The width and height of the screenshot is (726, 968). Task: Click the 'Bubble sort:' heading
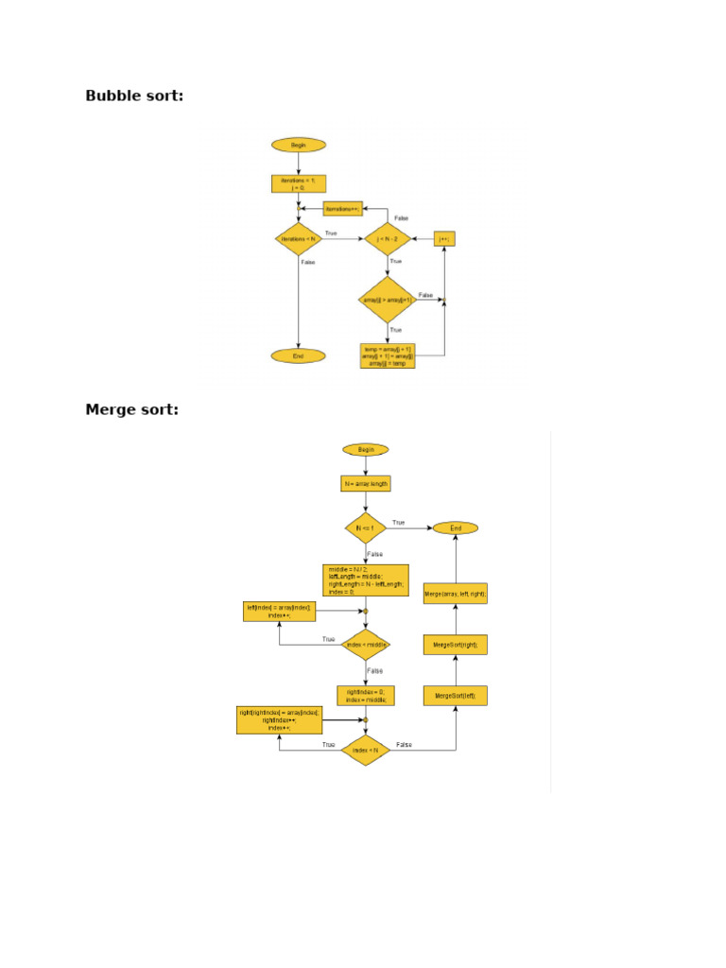pos(134,95)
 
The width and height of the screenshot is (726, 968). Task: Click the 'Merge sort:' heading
pos(131,409)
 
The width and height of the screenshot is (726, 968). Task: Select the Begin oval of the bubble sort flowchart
pos(299,145)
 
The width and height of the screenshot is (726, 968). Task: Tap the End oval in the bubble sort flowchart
pos(299,356)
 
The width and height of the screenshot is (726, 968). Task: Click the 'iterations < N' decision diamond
pos(299,239)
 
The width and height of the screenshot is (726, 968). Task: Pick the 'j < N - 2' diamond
pos(388,239)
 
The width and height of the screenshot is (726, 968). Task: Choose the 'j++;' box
pos(444,239)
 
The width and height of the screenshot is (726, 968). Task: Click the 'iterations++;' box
pos(343,208)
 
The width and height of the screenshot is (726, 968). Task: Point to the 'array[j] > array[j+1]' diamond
pos(388,300)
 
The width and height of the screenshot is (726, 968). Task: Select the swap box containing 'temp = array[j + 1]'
pos(388,356)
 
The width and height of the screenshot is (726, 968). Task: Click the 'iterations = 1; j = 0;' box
pos(299,183)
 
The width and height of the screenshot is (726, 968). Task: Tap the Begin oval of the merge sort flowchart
pos(366,450)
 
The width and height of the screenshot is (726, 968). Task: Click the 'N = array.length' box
pos(366,484)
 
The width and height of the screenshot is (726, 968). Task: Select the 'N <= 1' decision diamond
pos(366,527)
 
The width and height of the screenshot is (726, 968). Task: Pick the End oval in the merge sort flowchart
pos(456,527)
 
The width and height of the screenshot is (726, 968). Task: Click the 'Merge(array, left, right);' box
pos(456,594)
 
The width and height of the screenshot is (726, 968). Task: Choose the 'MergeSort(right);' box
pos(456,645)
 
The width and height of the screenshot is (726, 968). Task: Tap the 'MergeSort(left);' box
pos(456,696)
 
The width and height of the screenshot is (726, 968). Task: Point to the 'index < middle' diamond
pos(366,645)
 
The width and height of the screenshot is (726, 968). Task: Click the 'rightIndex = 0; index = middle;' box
pos(366,696)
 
